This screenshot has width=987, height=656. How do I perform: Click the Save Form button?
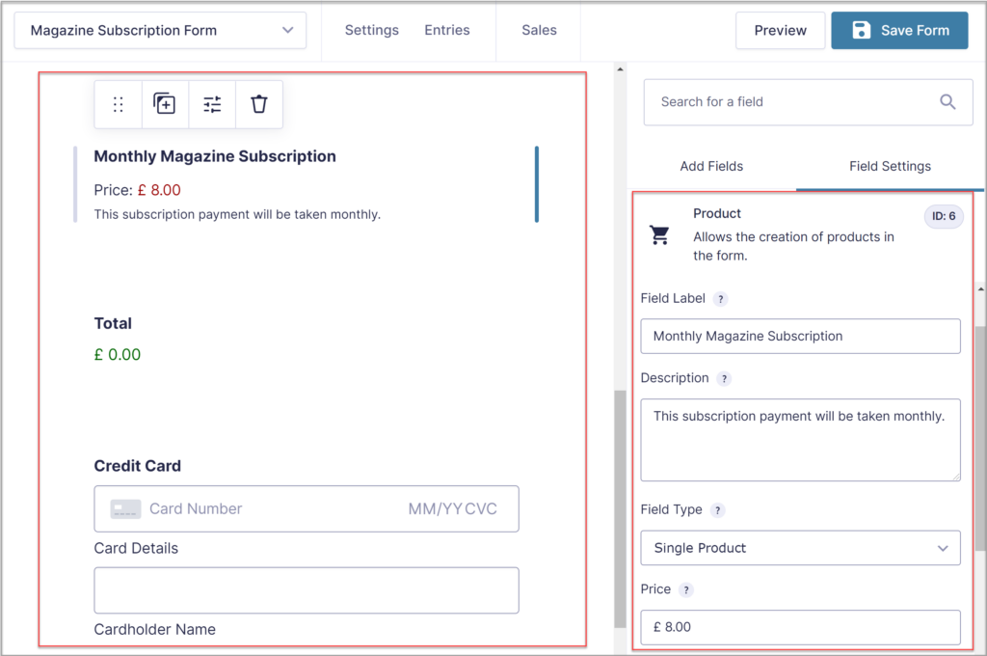pos(899,30)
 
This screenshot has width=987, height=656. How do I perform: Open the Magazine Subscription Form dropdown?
pos(160,30)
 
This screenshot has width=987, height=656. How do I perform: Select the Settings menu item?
pos(371,30)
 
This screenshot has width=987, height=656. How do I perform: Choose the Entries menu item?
pos(447,30)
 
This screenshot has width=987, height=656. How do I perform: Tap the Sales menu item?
pos(539,30)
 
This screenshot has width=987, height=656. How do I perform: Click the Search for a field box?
pos(795,101)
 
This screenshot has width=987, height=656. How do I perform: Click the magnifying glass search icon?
pos(947,101)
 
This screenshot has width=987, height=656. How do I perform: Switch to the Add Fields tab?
pos(711,166)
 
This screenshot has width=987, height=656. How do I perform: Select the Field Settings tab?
pos(890,166)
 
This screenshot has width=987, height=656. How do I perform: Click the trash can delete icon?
pos(259,104)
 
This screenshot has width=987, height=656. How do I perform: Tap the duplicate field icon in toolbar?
pos(165,104)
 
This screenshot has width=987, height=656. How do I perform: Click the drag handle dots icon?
pos(119,104)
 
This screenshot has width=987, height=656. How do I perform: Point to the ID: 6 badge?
pos(944,216)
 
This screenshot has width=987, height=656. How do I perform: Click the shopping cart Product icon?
pos(660,235)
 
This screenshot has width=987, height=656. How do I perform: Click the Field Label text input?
pos(800,336)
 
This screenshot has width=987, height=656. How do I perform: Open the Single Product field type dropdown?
pos(800,548)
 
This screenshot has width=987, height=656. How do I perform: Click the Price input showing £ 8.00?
pos(800,627)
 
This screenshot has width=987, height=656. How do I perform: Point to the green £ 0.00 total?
pos(118,355)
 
